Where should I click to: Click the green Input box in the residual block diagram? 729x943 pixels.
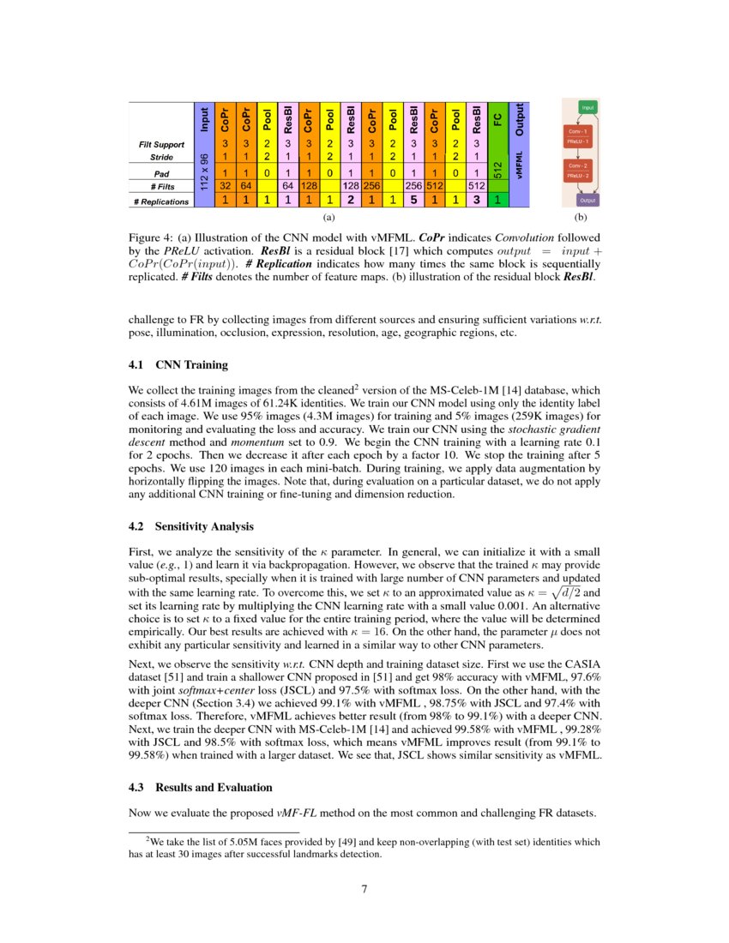click(x=588, y=108)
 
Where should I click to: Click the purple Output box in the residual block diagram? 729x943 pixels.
click(x=588, y=200)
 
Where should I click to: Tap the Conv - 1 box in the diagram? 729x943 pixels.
click(x=577, y=131)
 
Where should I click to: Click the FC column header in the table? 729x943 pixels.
click(x=497, y=119)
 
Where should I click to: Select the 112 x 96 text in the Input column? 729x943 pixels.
click(x=202, y=171)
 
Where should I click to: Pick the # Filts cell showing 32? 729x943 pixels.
click(x=225, y=185)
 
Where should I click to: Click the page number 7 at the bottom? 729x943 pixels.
click(x=364, y=888)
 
